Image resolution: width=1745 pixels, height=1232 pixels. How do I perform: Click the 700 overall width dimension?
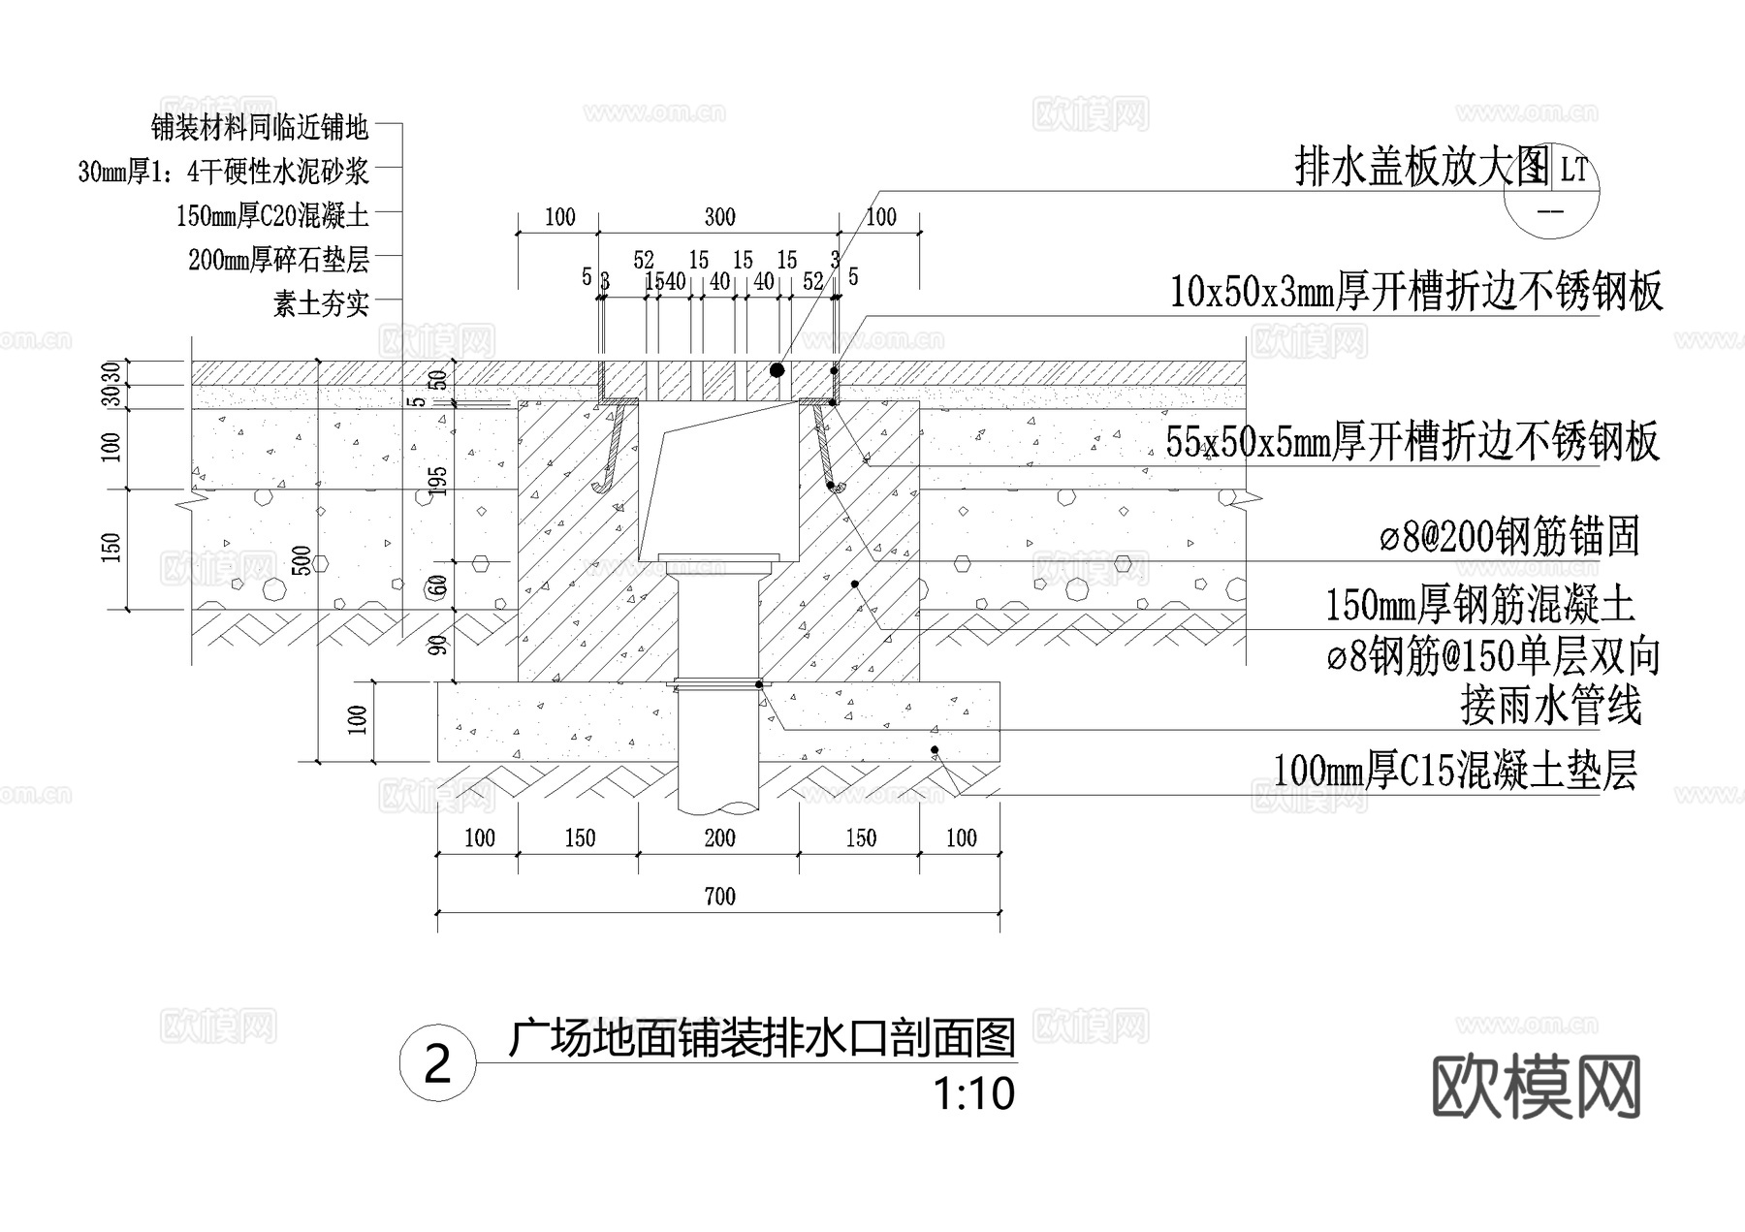point(719,897)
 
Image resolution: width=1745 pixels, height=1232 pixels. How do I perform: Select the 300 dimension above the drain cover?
point(719,217)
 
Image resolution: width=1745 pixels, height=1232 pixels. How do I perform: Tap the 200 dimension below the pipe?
point(719,838)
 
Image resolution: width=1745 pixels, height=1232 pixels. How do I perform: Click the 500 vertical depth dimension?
point(302,561)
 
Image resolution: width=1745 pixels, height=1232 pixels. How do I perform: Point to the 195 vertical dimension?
point(439,482)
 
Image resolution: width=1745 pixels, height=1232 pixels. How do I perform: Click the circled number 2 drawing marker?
point(438,1064)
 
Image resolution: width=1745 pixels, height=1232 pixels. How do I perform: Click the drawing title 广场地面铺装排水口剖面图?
point(762,1038)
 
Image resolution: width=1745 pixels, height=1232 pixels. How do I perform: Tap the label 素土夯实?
point(321,304)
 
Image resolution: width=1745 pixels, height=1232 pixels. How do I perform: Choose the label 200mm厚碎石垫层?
point(279,260)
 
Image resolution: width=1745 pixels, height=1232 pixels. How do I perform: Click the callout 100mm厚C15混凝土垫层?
point(1454,772)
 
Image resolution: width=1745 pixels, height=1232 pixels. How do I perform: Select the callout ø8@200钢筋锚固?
point(1509,536)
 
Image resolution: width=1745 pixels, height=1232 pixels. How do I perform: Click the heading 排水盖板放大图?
point(1421,168)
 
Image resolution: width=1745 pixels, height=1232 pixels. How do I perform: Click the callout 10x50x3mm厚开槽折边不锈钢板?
point(1416,291)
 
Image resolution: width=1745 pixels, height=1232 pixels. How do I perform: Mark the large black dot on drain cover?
point(777,370)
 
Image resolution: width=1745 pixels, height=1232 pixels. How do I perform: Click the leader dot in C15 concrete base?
point(935,750)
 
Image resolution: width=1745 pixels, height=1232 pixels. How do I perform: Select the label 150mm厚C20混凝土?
point(272,215)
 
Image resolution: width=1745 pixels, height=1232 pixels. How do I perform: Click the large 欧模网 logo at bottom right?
point(1537,1088)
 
